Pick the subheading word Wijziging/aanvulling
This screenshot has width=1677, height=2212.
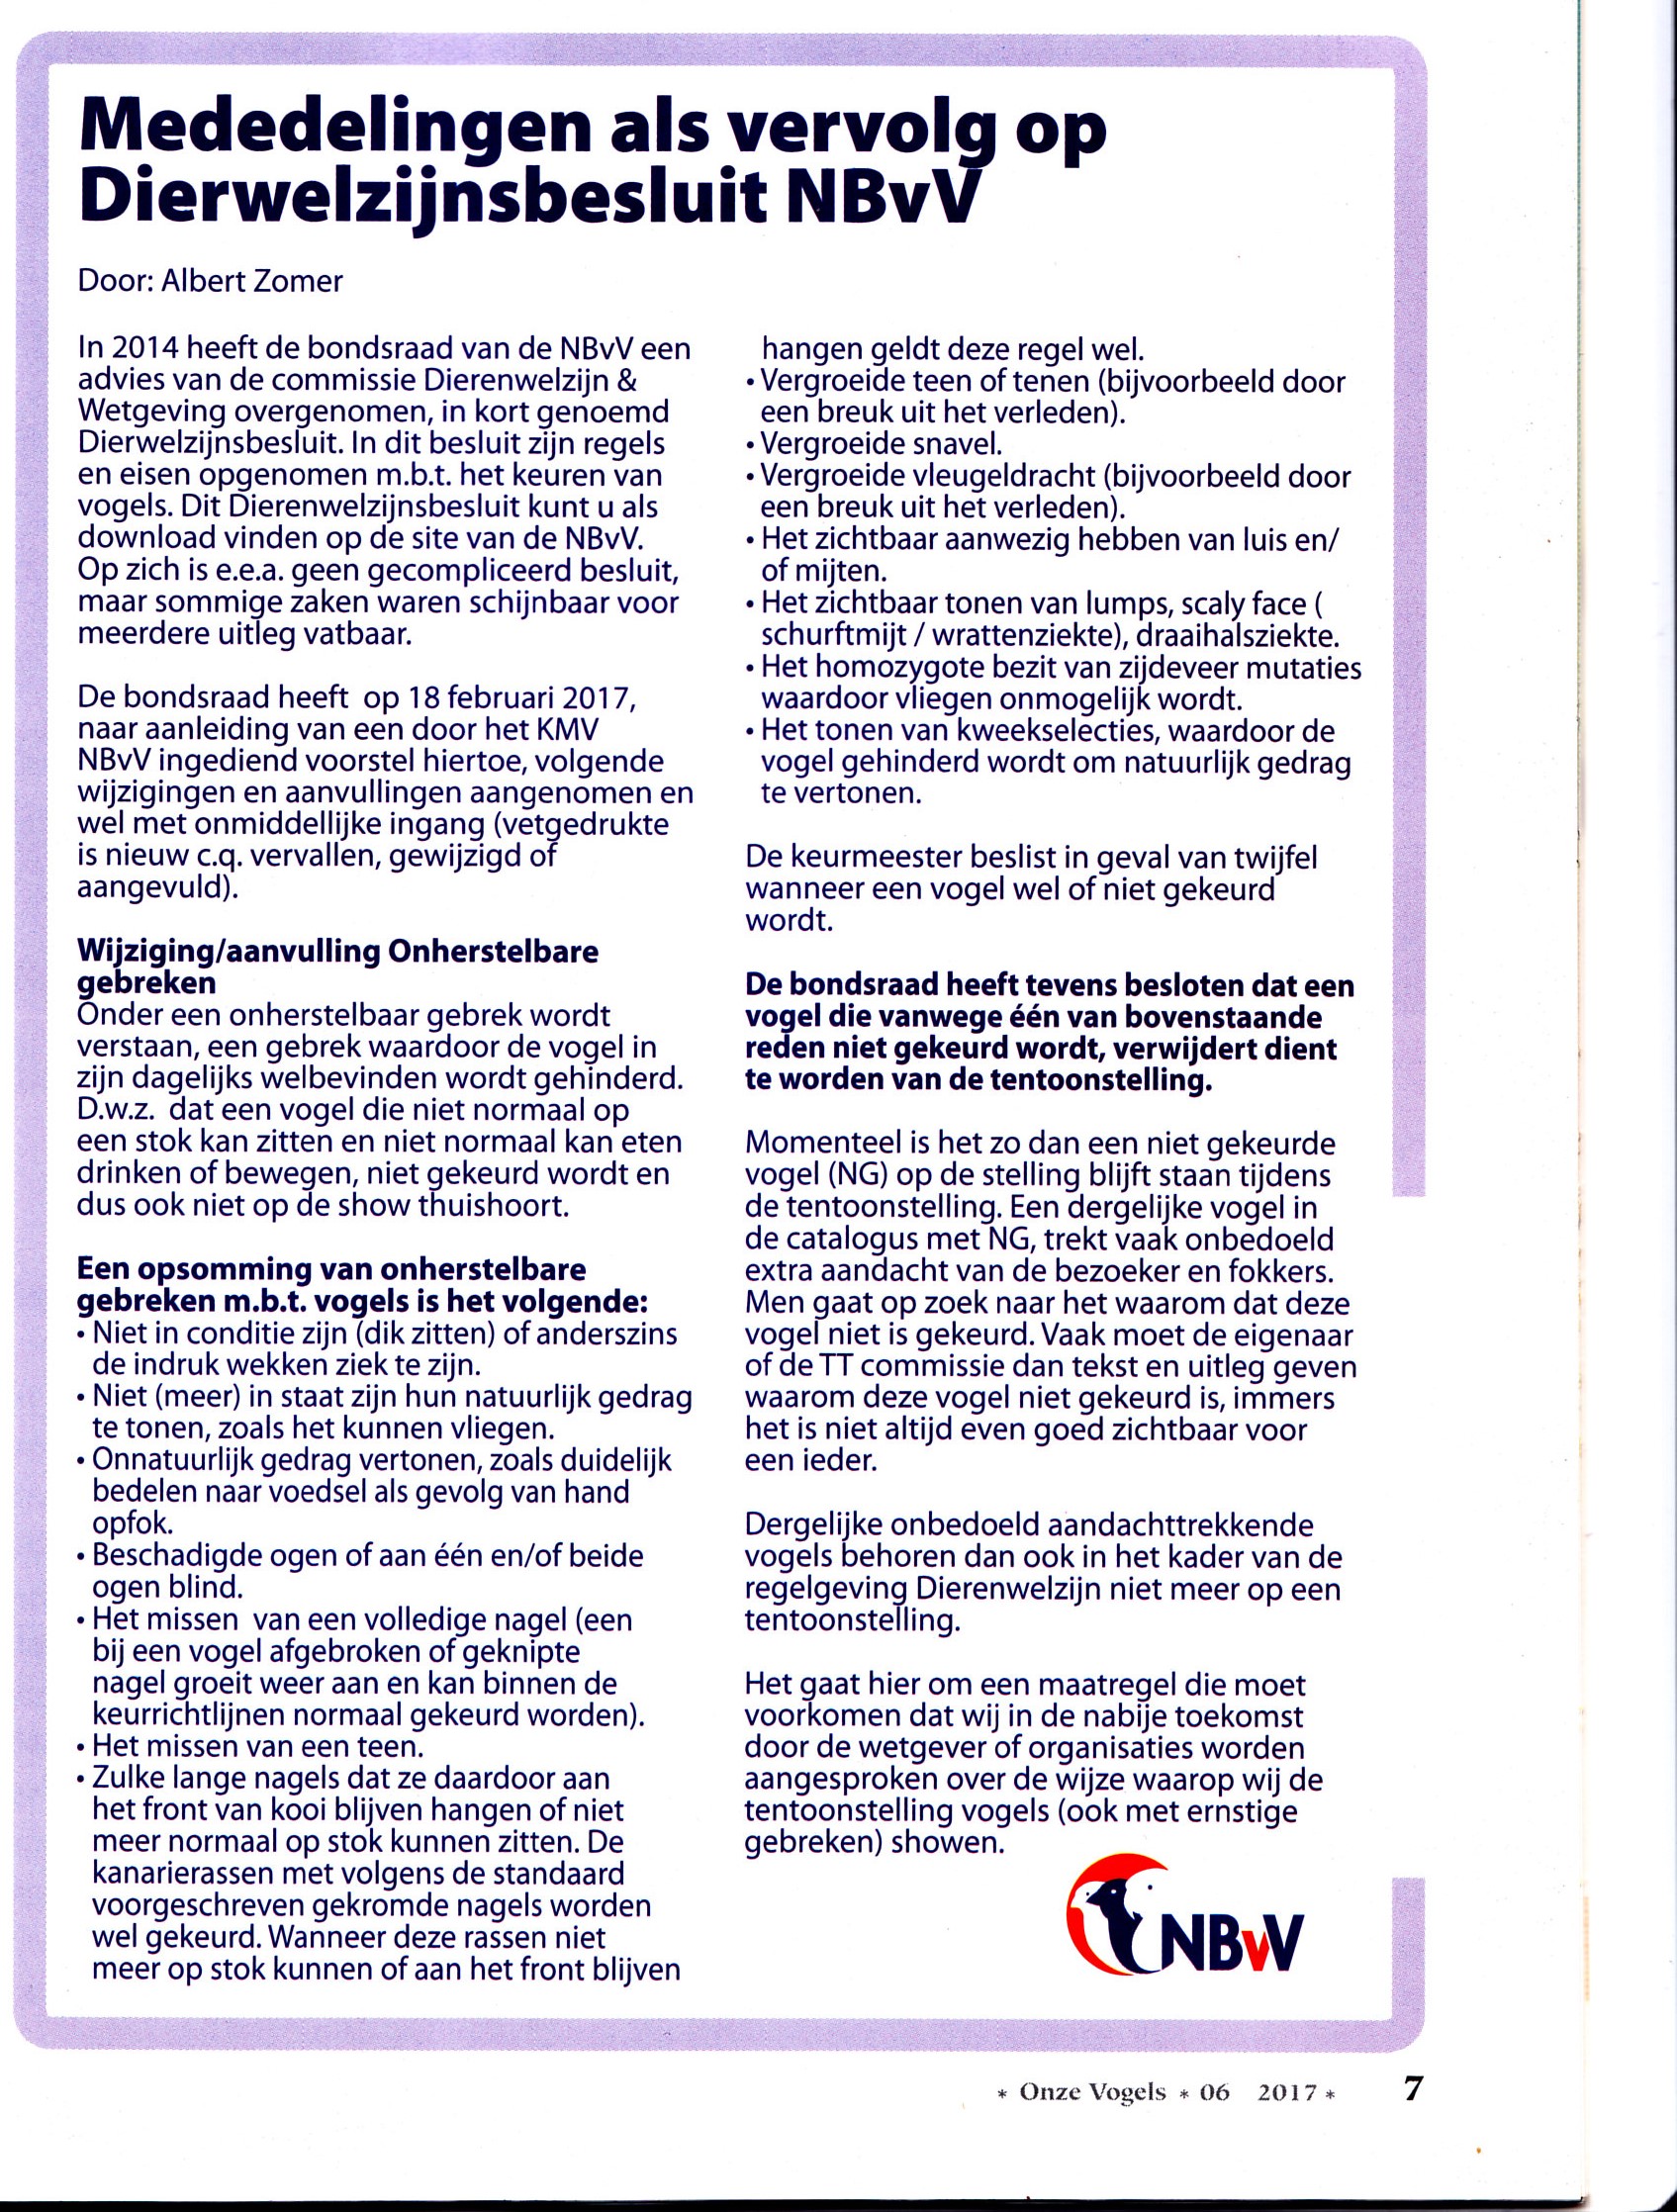tap(225, 951)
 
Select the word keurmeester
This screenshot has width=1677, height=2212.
tap(871, 857)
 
